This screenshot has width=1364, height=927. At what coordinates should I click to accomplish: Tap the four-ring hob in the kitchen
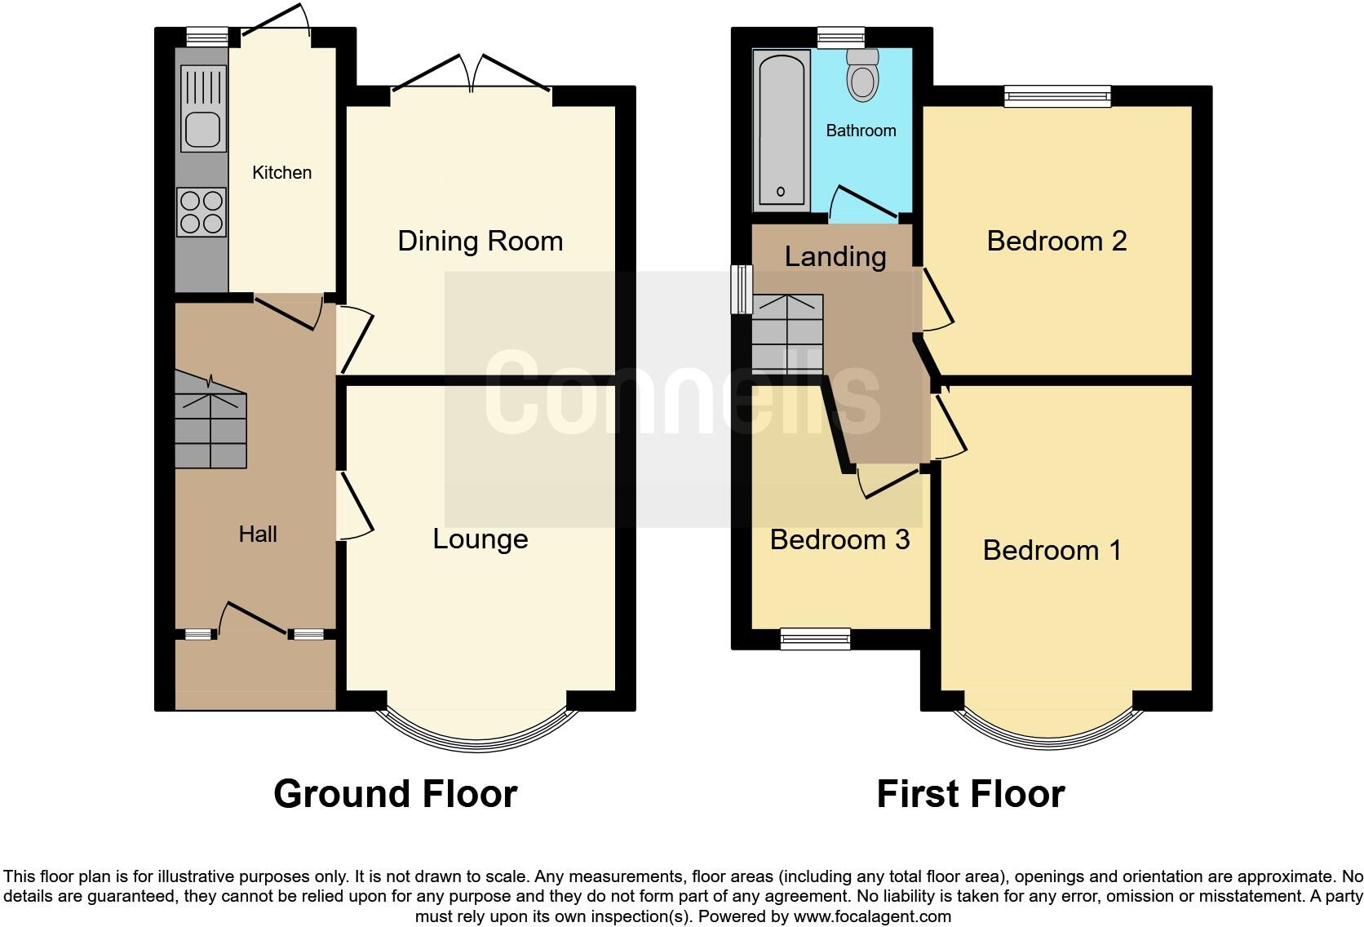click(201, 211)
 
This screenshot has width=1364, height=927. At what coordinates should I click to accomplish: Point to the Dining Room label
click(480, 242)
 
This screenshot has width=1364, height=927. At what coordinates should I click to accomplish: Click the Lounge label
click(480, 539)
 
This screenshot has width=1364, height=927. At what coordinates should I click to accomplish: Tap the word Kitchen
click(281, 173)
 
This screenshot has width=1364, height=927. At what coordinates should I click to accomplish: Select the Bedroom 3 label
click(839, 540)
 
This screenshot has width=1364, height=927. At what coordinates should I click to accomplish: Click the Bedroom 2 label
click(1056, 242)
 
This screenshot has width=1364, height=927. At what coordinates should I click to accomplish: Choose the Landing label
click(835, 257)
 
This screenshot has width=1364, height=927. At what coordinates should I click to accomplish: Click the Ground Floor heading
click(395, 794)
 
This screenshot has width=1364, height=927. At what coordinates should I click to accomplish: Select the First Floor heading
click(970, 794)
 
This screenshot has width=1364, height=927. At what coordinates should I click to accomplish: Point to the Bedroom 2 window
click(1057, 97)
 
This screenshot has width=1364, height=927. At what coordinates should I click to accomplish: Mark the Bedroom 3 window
click(815, 639)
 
